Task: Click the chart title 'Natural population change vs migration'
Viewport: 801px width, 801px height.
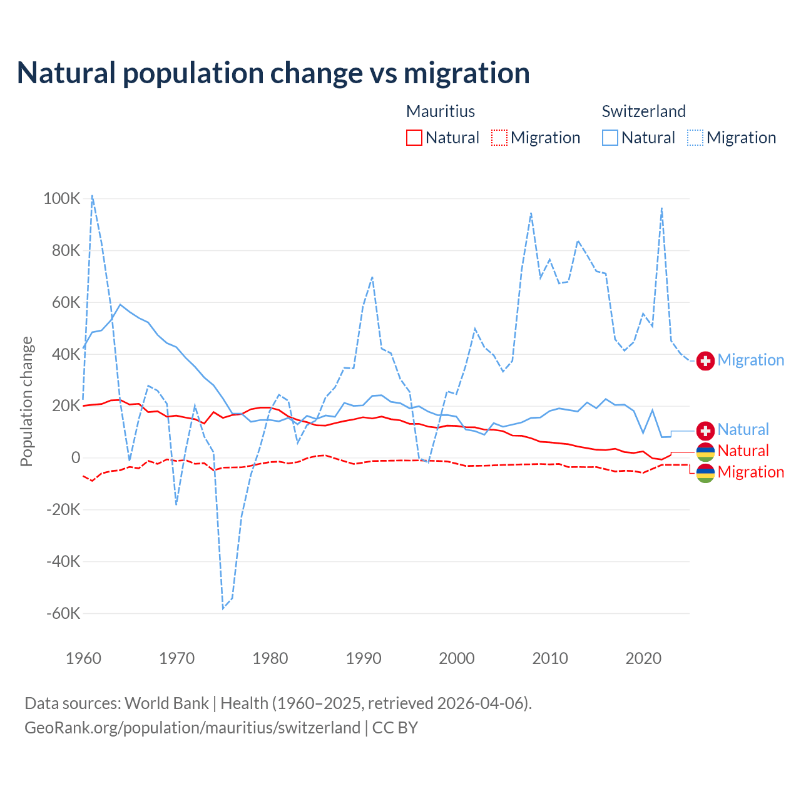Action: coord(273,73)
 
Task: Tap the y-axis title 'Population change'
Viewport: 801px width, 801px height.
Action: coord(26,401)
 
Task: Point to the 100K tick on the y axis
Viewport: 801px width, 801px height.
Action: coord(62,199)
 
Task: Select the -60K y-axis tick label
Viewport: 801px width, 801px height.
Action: coord(63,613)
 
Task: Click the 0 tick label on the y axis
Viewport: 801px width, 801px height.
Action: coord(76,457)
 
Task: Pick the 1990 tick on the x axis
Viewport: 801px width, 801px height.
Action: coord(364,658)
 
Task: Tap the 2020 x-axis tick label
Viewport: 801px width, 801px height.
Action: coord(643,658)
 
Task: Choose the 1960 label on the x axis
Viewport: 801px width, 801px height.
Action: coord(83,658)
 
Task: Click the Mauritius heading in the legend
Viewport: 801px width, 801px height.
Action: coord(441,111)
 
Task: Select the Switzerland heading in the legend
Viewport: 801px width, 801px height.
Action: coord(643,111)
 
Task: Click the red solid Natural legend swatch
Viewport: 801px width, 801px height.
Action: coord(414,138)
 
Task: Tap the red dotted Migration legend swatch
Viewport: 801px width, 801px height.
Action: coord(499,138)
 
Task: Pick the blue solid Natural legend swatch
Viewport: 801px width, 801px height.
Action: coord(610,138)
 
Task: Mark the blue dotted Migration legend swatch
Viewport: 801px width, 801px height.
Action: coord(695,138)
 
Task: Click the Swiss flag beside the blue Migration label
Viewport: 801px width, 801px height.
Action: coord(705,361)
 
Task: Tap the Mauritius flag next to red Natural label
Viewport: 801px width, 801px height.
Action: coord(705,452)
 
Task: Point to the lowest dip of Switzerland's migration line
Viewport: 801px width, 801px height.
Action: coord(223,608)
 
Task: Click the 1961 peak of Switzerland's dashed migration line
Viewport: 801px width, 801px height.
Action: coord(93,195)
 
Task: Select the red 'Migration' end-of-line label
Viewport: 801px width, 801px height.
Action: coord(750,472)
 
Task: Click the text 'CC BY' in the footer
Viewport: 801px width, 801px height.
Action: coord(395,728)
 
